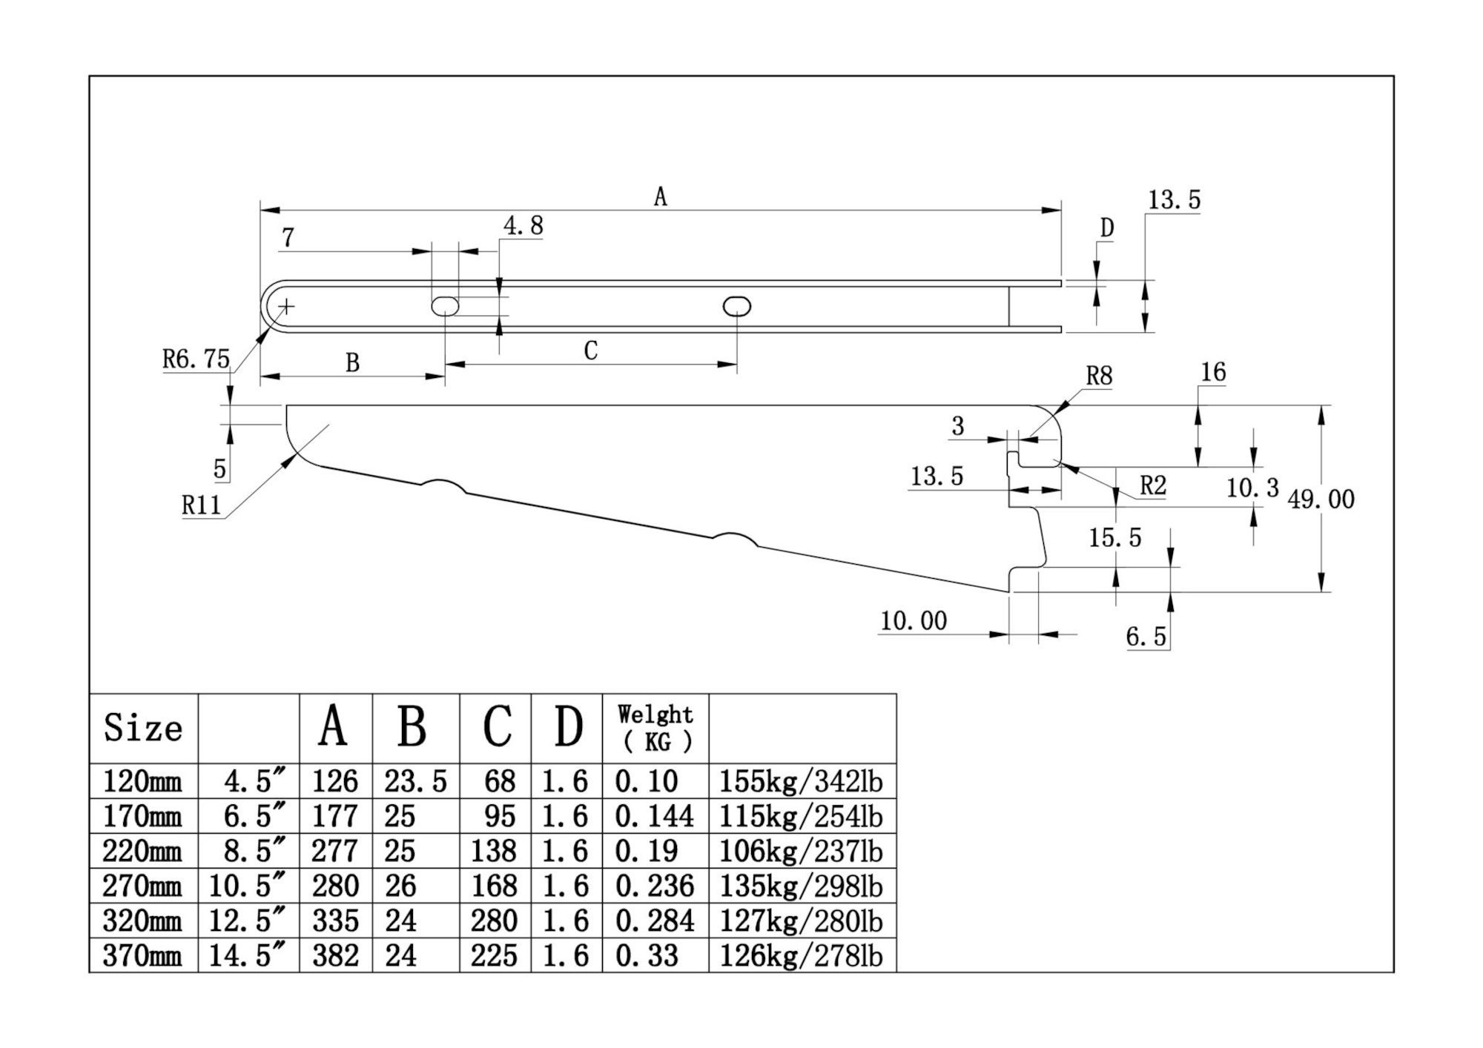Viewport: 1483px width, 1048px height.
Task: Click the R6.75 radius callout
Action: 196,359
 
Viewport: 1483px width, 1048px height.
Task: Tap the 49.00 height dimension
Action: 1321,499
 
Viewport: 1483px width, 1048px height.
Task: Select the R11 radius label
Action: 201,505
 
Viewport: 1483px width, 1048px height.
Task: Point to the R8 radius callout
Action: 1099,377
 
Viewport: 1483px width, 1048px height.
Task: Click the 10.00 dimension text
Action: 913,620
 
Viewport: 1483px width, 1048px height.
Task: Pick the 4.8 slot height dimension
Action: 523,226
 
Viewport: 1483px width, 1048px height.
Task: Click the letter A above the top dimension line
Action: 660,197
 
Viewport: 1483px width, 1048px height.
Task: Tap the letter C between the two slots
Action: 590,351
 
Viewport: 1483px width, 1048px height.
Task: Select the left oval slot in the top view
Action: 445,306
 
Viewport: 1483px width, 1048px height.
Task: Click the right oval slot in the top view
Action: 736,306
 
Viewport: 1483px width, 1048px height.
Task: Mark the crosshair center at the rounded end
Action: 286,306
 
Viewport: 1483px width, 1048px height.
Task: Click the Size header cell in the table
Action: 143,728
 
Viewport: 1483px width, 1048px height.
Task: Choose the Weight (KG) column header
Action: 655,728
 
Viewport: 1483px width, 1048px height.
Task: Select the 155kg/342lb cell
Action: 801,781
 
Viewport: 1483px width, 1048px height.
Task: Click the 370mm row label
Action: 142,955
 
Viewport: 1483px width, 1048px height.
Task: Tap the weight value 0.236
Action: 655,886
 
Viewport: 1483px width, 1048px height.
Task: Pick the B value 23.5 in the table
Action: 415,781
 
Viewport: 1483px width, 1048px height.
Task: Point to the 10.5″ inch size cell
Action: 248,886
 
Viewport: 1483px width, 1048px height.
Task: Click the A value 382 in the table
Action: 335,955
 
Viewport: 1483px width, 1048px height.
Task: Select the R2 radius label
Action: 1152,486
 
